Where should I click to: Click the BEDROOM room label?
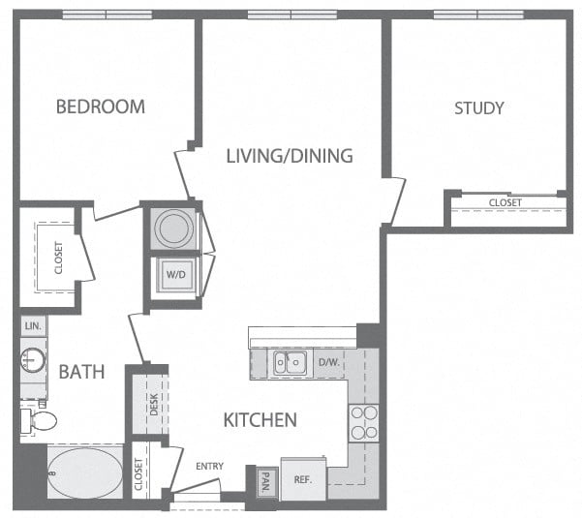[x=100, y=107]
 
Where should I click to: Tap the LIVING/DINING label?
[x=289, y=155]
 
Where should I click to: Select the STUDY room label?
[x=479, y=107]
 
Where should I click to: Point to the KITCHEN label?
[x=260, y=420]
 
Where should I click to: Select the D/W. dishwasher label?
[x=327, y=363]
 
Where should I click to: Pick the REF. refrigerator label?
[x=302, y=478]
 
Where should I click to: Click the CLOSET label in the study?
[x=505, y=202]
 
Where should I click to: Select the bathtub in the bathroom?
[x=84, y=472]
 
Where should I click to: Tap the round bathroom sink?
[x=32, y=362]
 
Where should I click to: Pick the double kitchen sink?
[x=289, y=363]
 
